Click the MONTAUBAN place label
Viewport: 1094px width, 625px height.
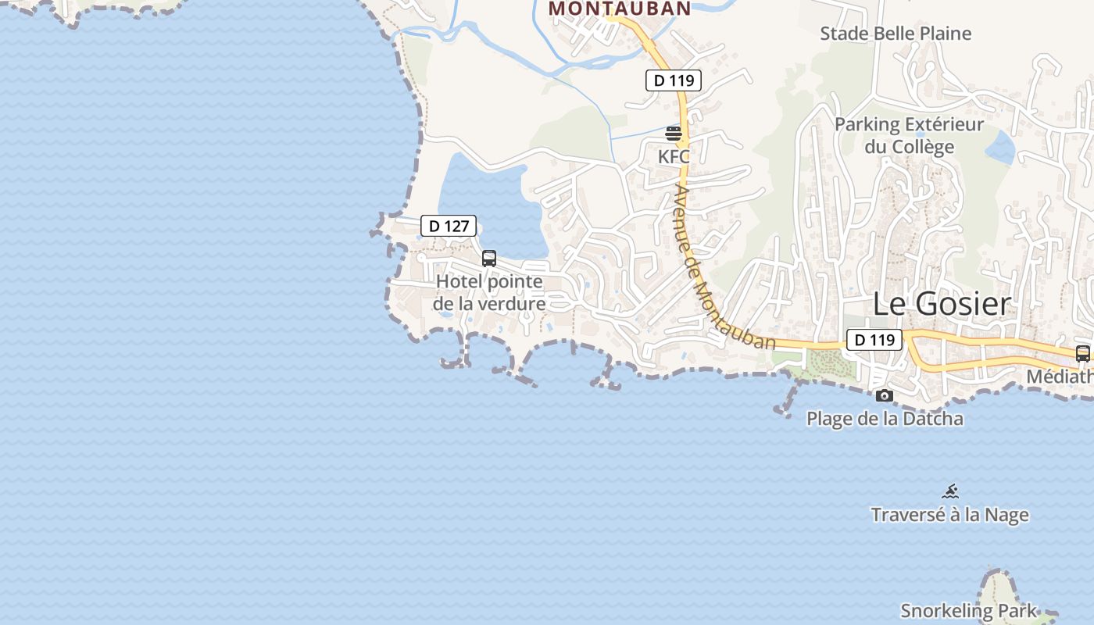[620, 9]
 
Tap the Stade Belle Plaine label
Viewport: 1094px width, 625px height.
[896, 34]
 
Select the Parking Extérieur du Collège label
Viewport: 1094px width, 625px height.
[909, 135]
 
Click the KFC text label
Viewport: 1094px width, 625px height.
[674, 156]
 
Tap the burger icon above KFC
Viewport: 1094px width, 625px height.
[674, 134]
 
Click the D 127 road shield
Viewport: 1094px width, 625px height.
[449, 227]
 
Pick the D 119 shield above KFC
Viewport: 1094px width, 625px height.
[674, 80]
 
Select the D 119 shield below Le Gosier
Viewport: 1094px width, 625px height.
[874, 340]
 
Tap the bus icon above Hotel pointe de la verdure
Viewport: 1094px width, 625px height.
[489, 258]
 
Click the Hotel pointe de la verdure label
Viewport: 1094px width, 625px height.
[489, 292]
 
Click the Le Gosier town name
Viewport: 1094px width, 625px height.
[942, 304]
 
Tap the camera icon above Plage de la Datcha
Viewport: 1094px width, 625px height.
[885, 396]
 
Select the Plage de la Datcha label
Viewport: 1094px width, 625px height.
[885, 419]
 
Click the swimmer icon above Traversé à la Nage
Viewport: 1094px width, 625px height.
[950, 491]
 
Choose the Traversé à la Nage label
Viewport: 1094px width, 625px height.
[949, 515]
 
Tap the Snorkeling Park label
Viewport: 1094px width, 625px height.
[969, 610]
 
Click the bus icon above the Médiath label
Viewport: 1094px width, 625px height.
[1083, 353]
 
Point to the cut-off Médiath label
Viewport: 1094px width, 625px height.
[1060, 377]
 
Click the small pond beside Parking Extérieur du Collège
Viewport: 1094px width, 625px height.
[1001, 146]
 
